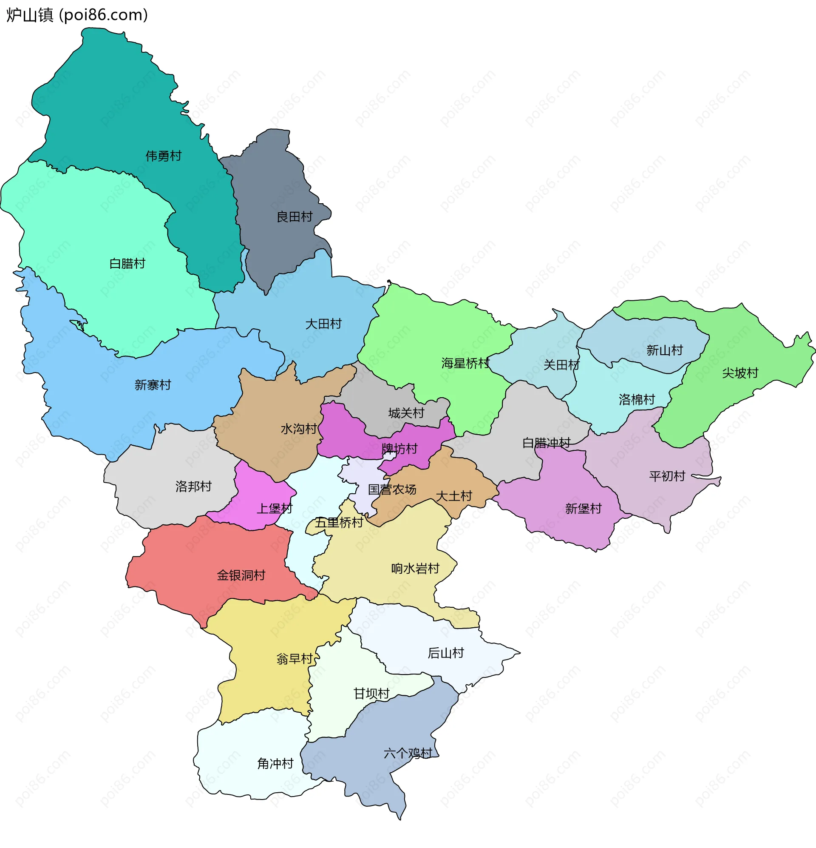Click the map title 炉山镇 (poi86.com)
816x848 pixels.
(77, 15)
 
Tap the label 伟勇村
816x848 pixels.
(164, 156)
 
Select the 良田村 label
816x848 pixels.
(295, 217)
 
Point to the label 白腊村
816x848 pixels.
(127, 264)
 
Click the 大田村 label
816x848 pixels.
(323, 324)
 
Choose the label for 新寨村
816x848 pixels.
(153, 384)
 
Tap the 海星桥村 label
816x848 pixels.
(465, 363)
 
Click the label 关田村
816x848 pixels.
(561, 365)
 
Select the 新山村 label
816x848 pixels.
(665, 350)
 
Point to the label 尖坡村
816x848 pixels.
(740, 373)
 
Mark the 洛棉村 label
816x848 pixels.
(637, 399)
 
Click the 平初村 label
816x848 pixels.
(667, 476)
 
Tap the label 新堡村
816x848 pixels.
(584, 508)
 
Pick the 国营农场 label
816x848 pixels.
(392, 489)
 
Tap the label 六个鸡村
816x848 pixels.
(408, 753)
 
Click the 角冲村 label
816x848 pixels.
(275, 763)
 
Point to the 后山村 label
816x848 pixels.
(446, 653)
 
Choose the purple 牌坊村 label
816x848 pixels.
(399, 449)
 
